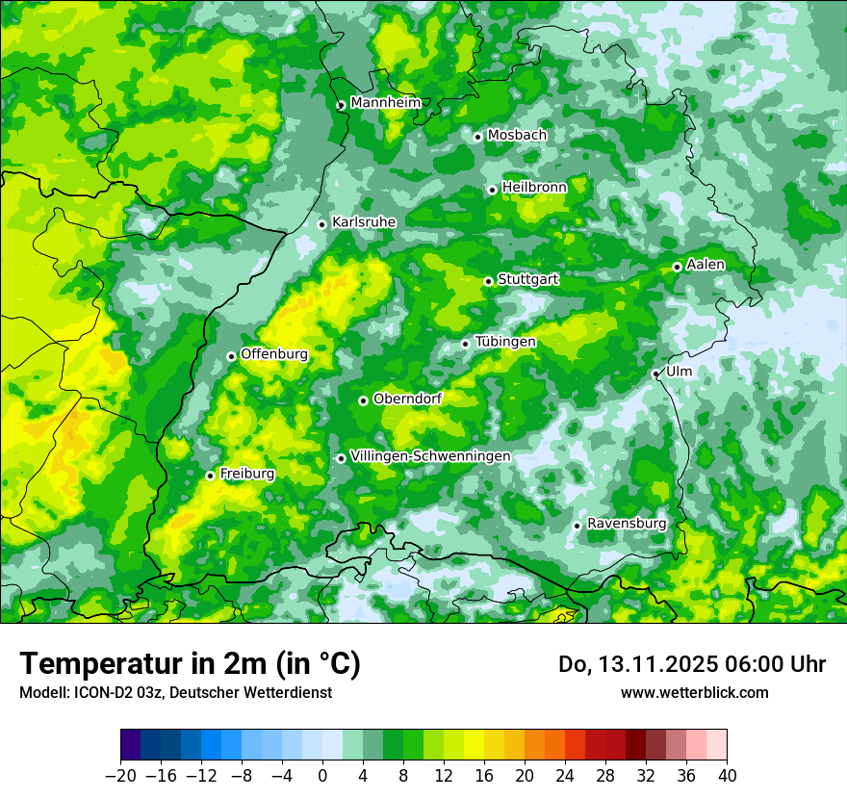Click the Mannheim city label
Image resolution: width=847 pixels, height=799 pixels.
tap(386, 103)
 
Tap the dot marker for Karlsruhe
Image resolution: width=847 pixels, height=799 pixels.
tap(322, 224)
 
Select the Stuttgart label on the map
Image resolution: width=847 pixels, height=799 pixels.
tap(527, 280)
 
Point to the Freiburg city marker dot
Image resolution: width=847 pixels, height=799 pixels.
tap(210, 476)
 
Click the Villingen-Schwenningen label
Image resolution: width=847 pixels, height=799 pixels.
tap(430, 456)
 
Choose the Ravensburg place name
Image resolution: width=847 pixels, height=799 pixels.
tap(627, 524)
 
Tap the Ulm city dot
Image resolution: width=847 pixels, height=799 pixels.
tap(655, 374)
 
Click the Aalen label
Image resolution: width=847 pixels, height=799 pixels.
tap(706, 265)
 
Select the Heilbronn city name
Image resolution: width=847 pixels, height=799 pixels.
tap(534, 188)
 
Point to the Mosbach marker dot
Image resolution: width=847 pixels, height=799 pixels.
tap(477, 137)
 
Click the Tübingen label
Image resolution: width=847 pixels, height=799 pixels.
tap(505, 343)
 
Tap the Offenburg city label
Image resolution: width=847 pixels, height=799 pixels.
tap(274, 354)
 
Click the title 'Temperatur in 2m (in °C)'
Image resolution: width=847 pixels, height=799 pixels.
tap(190, 663)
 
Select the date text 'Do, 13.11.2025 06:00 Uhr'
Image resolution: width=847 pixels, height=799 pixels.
tap(692, 664)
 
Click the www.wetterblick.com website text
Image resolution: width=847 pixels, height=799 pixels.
tap(694, 692)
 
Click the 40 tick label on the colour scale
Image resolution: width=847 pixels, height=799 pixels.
tap(727, 776)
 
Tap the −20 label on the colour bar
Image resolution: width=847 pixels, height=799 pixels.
tap(120, 776)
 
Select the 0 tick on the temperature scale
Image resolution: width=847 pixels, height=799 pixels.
tap(322, 776)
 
